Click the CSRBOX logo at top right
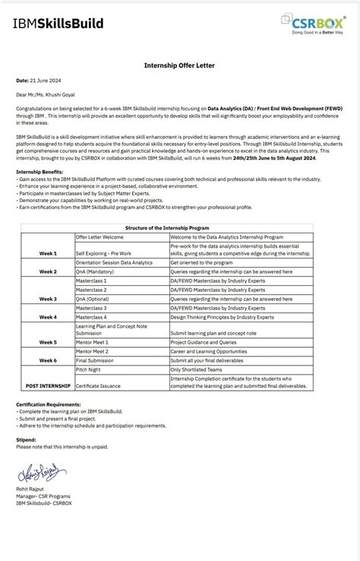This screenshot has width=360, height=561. click(x=312, y=24)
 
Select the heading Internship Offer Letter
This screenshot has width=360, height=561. click(x=179, y=65)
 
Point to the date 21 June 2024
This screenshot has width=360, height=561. click(x=43, y=80)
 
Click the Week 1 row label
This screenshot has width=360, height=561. click(x=48, y=252)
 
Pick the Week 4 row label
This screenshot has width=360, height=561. click(x=48, y=317)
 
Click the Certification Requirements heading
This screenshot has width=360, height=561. click(x=48, y=404)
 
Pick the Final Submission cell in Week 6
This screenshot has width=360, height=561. click(x=96, y=360)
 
